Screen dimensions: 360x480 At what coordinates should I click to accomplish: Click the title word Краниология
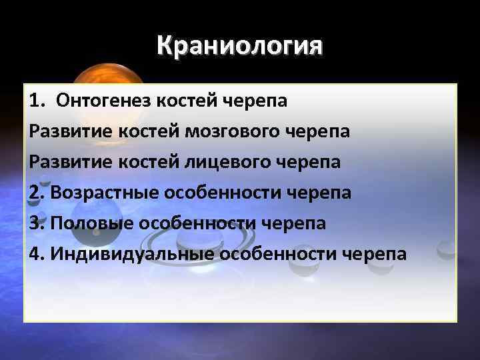click(x=240, y=47)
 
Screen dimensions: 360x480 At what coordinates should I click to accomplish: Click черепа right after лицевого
click(x=309, y=162)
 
